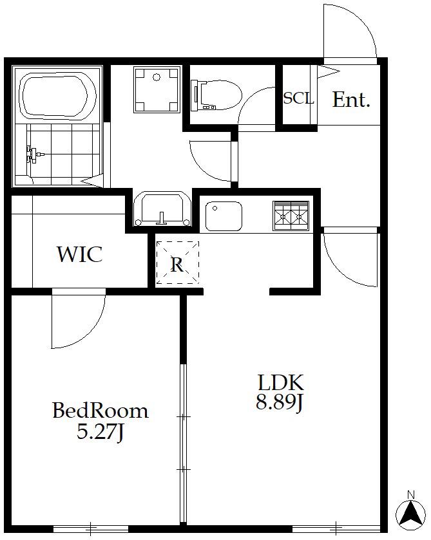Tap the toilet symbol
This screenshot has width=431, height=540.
pyautogui.click(x=216, y=95)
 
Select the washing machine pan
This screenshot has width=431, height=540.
pyautogui.click(x=157, y=89)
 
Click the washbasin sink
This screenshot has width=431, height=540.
pyautogui.click(x=162, y=209)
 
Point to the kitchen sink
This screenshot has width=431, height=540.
pyautogui.click(x=224, y=216)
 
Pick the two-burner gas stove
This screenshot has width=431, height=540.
pyautogui.click(x=291, y=216)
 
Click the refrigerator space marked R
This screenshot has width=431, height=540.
pyautogui.click(x=177, y=263)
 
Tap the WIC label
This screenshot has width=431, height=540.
pyautogui.click(x=80, y=254)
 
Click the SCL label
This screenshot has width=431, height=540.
pyautogui.click(x=298, y=98)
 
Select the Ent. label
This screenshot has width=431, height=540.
pyautogui.click(x=351, y=100)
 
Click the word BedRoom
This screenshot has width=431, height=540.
pyautogui.click(x=101, y=411)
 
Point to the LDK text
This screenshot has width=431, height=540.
pyautogui.click(x=281, y=382)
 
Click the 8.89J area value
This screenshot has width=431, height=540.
pyautogui.click(x=280, y=402)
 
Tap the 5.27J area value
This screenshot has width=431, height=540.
pyautogui.click(x=100, y=431)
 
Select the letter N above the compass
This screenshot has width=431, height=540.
pyautogui.click(x=410, y=495)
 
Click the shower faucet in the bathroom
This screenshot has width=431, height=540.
pyautogui.click(x=34, y=154)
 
